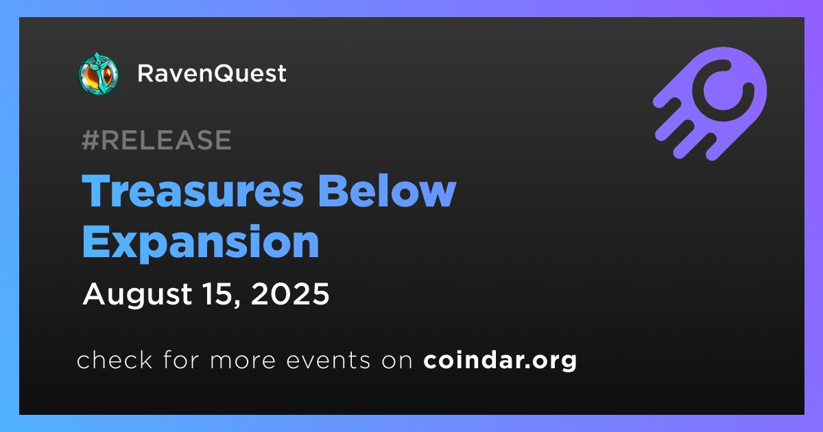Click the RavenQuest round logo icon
tap(98, 73)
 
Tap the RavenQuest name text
tap(212, 73)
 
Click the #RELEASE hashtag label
tap(156, 140)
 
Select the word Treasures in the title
tap(193, 191)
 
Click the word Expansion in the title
tap(200, 243)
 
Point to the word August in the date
tap(137, 295)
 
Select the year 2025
tap(290, 294)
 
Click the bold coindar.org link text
tap(500, 361)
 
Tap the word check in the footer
tap(115, 359)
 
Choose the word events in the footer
tap(328, 361)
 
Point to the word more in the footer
tap(243, 361)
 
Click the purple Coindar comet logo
tap(710, 104)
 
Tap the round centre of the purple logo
tap(723, 91)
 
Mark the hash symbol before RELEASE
tap(90, 140)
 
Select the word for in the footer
tap(181, 359)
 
